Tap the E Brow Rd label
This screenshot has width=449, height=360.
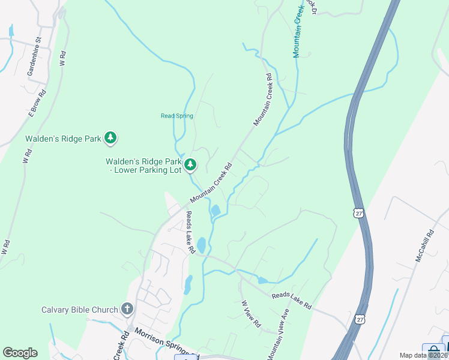coord(37,104)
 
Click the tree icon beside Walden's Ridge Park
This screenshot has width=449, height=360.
coord(110,139)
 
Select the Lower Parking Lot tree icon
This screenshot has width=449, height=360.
coord(190,164)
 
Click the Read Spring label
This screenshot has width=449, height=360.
coord(177,116)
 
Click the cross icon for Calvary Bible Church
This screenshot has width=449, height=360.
coord(127,310)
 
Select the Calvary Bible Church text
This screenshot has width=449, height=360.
coord(79,310)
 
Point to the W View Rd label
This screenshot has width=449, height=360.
coord(250,314)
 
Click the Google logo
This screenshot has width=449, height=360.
coord(20,353)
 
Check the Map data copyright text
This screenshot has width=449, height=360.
coord(423,355)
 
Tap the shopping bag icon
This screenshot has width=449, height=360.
coord(433,352)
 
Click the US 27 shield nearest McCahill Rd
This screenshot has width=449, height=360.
coord(359,212)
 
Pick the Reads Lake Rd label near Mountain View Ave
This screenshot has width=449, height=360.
coord(291,301)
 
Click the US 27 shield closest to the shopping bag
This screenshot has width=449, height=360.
coord(358,317)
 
